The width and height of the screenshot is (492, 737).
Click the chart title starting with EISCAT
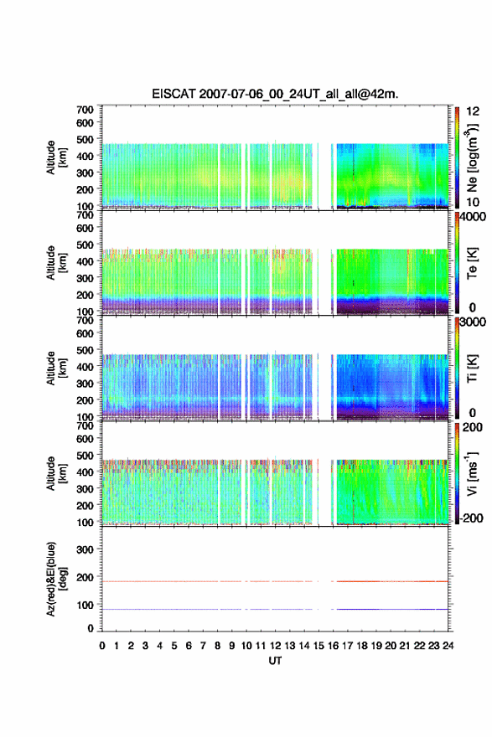275,94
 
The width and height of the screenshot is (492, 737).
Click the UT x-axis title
275,661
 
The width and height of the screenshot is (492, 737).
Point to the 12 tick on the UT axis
275,646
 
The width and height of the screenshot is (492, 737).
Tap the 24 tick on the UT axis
448,646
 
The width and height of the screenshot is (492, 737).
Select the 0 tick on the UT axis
102,646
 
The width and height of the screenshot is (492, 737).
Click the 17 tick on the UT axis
347,646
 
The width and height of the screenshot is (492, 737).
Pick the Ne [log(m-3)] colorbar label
473,158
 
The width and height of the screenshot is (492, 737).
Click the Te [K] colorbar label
472,263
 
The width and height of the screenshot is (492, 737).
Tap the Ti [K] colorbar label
472,368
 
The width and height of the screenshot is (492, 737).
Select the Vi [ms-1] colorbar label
473,473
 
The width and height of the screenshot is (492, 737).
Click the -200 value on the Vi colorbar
472,518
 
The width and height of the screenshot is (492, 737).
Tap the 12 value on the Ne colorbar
473,111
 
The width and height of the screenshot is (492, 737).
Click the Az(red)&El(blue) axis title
54,579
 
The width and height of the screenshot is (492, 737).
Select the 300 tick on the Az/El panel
85,549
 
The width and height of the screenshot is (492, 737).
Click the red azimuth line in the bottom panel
275,581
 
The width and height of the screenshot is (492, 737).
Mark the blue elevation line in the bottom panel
275,609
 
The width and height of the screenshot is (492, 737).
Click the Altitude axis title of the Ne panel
54,157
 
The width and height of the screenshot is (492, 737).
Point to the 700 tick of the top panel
85,110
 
